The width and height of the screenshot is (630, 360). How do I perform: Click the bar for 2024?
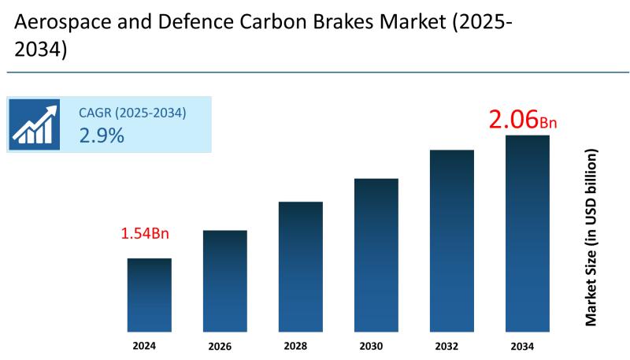(x=150, y=295)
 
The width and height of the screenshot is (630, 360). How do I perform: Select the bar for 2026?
(x=225, y=280)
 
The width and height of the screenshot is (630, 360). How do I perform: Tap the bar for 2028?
(x=301, y=266)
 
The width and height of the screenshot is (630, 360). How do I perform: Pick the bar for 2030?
(x=376, y=254)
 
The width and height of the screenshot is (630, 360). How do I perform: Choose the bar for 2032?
(x=452, y=240)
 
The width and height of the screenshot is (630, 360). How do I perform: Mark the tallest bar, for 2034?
(x=528, y=233)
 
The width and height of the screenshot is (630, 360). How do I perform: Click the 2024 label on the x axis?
(x=150, y=346)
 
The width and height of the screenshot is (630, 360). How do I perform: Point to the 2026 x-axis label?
(x=225, y=347)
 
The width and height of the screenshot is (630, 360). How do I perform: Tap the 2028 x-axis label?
(x=301, y=346)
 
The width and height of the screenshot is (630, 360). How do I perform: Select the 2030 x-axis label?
(x=376, y=346)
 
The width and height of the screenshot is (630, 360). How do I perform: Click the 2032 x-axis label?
(x=452, y=346)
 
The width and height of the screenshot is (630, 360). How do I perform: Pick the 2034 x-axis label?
(x=528, y=346)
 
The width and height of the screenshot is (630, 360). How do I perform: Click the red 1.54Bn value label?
(x=145, y=234)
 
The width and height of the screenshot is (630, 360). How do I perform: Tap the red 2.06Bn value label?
(x=523, y=121)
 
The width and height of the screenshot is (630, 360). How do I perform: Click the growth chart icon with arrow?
(x=35, y=124)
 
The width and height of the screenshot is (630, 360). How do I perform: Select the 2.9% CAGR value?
(x=102, y=135)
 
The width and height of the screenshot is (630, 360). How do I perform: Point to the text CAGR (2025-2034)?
(x=132, y=113)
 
